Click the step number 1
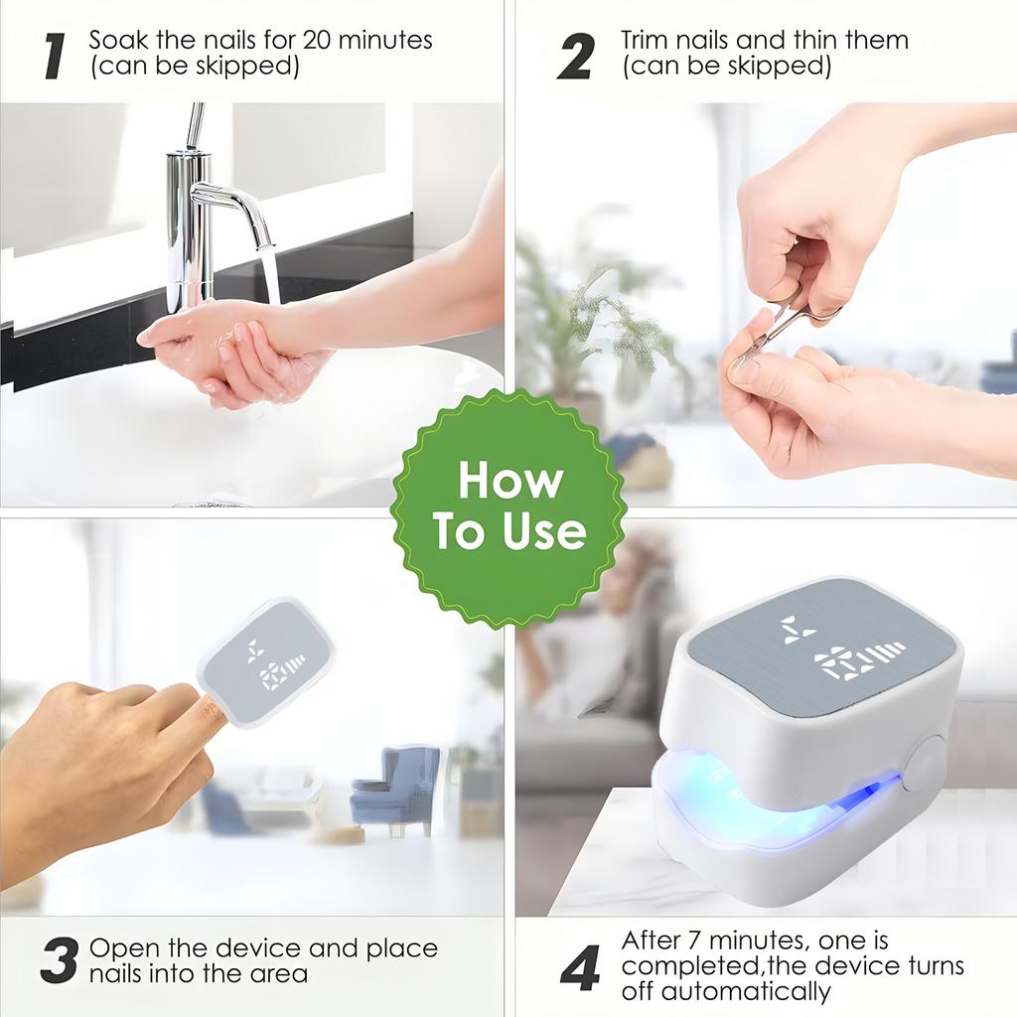[56, 56]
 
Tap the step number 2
[576, 56]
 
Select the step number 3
[60, 960]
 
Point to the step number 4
[580, 966]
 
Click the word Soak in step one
[115, 41]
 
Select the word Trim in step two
[647, 41]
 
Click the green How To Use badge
[508, 508]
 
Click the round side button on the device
[925, 765]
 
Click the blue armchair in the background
[397, 790]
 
